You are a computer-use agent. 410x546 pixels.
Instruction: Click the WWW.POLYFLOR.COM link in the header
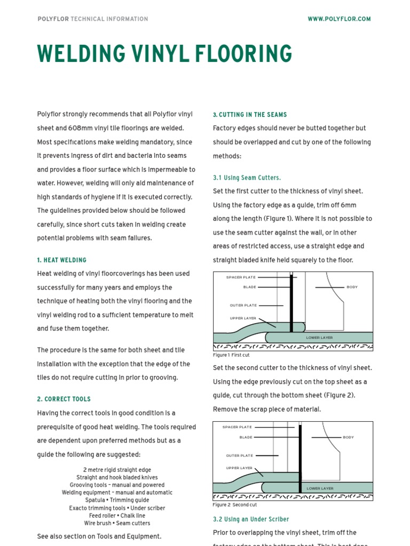(339, 19)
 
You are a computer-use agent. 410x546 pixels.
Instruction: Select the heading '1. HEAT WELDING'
(61, 260)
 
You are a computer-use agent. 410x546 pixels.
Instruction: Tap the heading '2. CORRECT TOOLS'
(64, 399)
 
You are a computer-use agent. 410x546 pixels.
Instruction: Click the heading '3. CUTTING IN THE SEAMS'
(249, 115)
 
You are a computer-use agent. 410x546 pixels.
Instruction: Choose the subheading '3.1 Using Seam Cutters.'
(247, 178)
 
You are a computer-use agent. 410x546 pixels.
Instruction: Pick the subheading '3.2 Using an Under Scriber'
(250, 519)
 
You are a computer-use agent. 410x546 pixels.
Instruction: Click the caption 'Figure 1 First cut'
(231, 355)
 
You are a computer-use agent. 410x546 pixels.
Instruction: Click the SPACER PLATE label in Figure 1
(241, 277)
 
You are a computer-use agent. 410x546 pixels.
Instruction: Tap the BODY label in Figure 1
(352, 287)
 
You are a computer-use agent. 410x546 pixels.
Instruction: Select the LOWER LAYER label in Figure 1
(319, 338)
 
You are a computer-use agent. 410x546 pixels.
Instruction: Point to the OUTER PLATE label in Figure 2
(239, 455)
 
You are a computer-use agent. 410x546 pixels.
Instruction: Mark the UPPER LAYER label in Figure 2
(239, 468)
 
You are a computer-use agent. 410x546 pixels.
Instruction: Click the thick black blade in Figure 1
(291, 304)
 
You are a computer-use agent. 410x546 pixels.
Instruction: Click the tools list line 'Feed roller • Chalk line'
(117, 516)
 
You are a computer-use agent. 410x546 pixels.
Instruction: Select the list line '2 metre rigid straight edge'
(117, 470)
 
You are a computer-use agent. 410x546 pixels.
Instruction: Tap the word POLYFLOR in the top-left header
(53, 19)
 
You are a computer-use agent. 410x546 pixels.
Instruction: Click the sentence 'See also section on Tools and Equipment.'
(99, 536)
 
